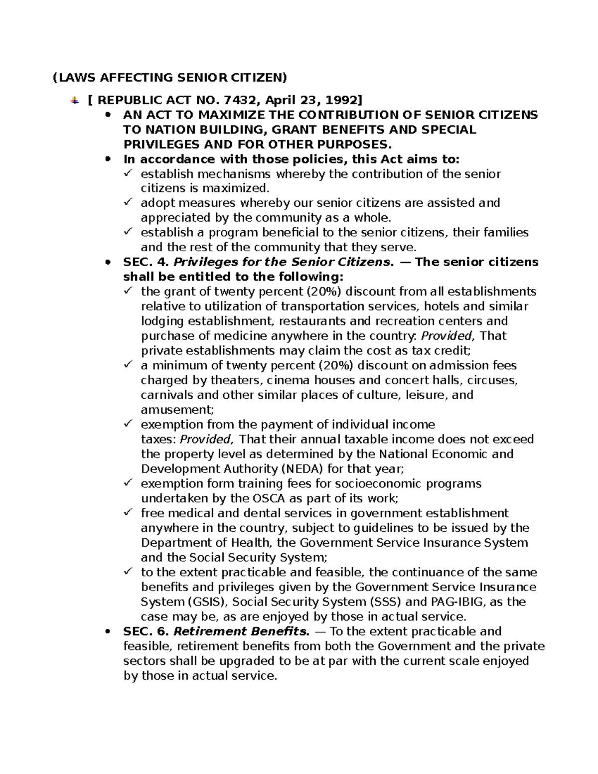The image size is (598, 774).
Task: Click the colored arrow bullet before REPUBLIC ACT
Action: point(74,100)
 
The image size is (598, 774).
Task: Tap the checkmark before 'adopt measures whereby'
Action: point(128,202)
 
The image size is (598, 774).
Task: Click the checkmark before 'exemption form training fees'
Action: point(128,483)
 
